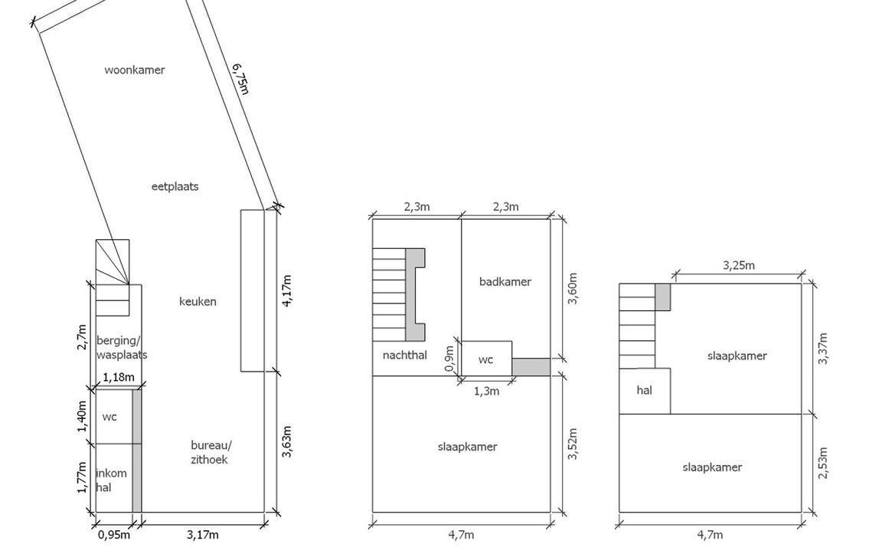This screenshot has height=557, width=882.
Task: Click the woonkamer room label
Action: (135, 70)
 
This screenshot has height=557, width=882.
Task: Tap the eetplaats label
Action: (175, 186)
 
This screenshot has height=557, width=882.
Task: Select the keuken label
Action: (198, 302)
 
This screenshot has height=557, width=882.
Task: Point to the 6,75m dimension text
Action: (240, 79)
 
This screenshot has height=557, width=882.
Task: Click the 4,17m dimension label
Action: (287, 290)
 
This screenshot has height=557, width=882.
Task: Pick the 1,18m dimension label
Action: (118, 377)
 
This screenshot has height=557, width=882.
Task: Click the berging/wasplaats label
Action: (122, 348)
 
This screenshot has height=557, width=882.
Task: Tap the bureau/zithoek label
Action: (211, 452)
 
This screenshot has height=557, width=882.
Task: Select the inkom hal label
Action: (111, 480)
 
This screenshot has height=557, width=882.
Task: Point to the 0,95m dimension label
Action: (113, 535)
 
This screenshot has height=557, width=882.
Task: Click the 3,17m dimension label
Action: (202, 535)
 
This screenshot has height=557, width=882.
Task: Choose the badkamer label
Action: (505, 281)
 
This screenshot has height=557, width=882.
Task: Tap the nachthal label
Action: (404, 355)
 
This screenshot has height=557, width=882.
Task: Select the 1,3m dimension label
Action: (487, 391)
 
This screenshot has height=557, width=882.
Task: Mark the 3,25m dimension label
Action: (739, 265)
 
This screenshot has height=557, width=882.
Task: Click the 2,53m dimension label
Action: (823, 463)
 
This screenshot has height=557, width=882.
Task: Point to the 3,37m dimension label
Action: (823, 349)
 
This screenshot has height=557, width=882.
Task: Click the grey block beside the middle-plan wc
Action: (531, 367)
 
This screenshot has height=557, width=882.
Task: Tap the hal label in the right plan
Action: (644, 390)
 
